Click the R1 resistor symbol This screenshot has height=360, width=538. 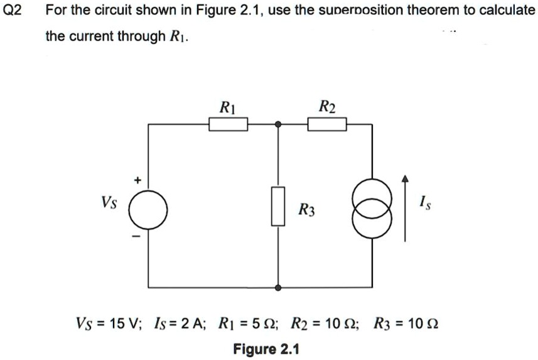229,125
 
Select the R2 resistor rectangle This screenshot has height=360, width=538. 327,125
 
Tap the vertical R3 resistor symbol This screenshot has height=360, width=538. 278,205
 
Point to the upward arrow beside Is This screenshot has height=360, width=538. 406,207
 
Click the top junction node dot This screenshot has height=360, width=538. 278,125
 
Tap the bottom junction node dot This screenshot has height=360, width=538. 278,287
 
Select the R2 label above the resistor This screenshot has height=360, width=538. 327,106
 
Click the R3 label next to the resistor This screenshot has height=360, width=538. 307,210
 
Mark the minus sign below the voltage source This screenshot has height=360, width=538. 133,237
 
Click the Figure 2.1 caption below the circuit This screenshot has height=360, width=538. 266,349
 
